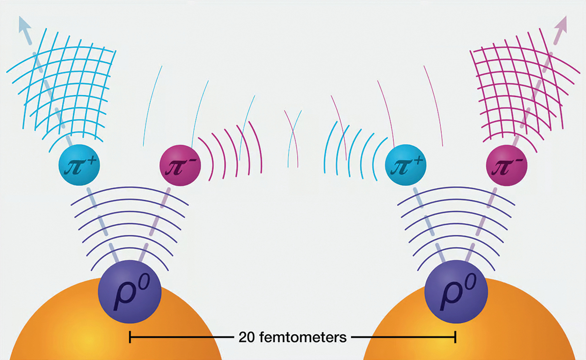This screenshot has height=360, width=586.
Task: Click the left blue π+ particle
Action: coord(79,165)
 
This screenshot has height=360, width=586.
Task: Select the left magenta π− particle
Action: coord(180,165)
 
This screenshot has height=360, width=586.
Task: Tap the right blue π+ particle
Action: coord(406,165)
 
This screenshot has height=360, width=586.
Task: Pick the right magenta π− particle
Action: coord(507,165)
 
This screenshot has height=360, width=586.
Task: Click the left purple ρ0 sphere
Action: coord(129,292)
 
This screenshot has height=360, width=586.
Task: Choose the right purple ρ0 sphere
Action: coord(456,292)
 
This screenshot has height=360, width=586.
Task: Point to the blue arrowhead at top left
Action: coord(25,25)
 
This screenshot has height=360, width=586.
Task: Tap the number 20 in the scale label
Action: coord(247,337)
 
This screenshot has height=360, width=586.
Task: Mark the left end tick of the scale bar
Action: coord(129,337)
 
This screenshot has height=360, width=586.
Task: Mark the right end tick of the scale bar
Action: coord(455,337)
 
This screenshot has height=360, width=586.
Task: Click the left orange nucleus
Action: coord(116,321)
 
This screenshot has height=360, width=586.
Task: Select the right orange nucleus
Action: coord(469,321)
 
